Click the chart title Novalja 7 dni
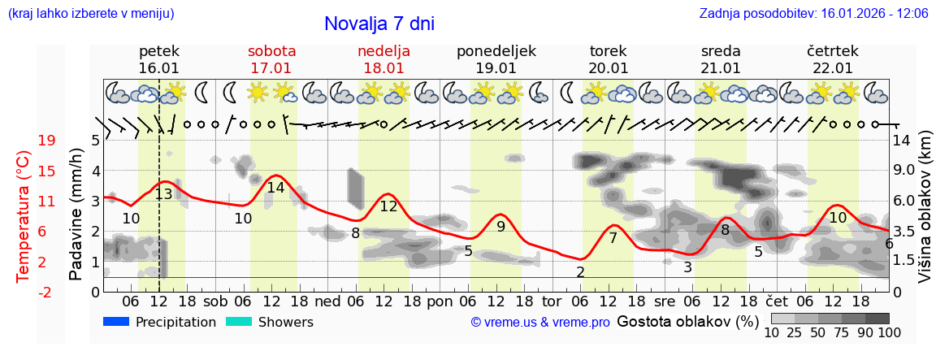pos(379,24)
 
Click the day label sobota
pos(271,51)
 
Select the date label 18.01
pos(383,68)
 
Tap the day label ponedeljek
pos(496,51)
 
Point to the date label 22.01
pos(832,68)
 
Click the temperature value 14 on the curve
pos(275,188)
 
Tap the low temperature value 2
pos(580,272)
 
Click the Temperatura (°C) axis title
pos(24,216)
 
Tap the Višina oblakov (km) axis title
pos(925,216)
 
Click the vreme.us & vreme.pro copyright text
pos(540,323)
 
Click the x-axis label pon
pos(440,301)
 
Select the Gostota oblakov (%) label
pos(687,321)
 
